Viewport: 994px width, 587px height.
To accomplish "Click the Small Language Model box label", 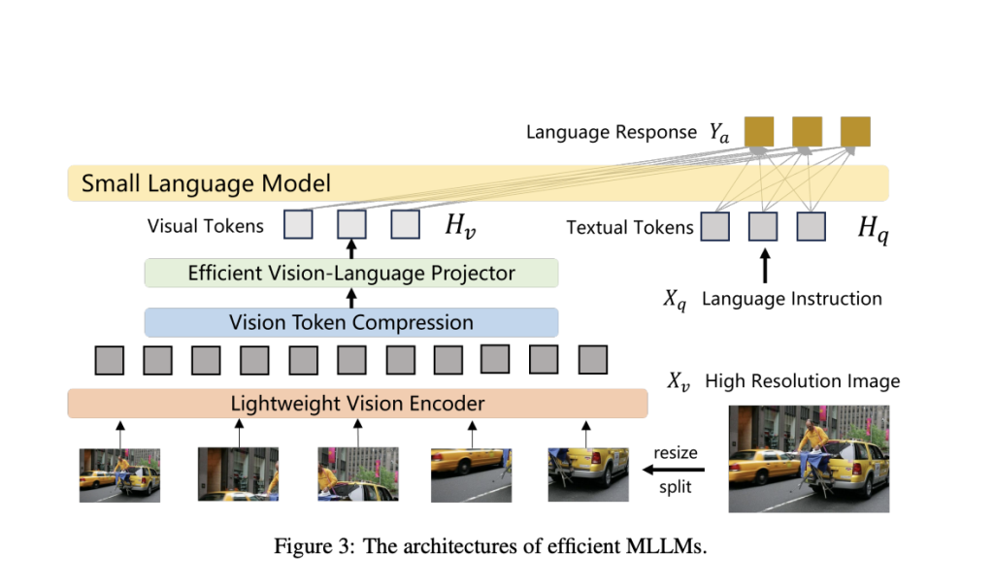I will click(x=206, y=183).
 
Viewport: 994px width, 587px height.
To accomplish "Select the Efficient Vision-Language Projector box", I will click(x=350, y=273).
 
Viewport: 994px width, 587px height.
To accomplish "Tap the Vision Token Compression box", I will click(x=350, y=322).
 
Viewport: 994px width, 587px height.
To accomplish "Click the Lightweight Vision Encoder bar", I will click(x=357, y=403).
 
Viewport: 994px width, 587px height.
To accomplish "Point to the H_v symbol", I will click(x=459, y=227).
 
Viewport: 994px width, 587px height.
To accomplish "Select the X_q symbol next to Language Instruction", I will click(x=675, y=300).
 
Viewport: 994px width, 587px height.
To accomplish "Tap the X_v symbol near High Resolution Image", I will click(x=679, y=380).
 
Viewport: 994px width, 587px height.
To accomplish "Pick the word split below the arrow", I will click(x=675, y=487).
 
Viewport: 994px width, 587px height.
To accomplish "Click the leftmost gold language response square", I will click(x=758, y=131).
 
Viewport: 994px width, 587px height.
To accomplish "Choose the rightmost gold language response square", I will click(x=855, y=131).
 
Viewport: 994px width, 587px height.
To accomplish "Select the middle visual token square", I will click(x=351, y=225).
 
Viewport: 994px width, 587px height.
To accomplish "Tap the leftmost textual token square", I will click(x=715, y=227).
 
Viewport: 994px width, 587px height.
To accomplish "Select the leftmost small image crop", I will click(x=119, y=473).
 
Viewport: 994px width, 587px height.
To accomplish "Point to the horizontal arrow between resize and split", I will click(x=674, y=471).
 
